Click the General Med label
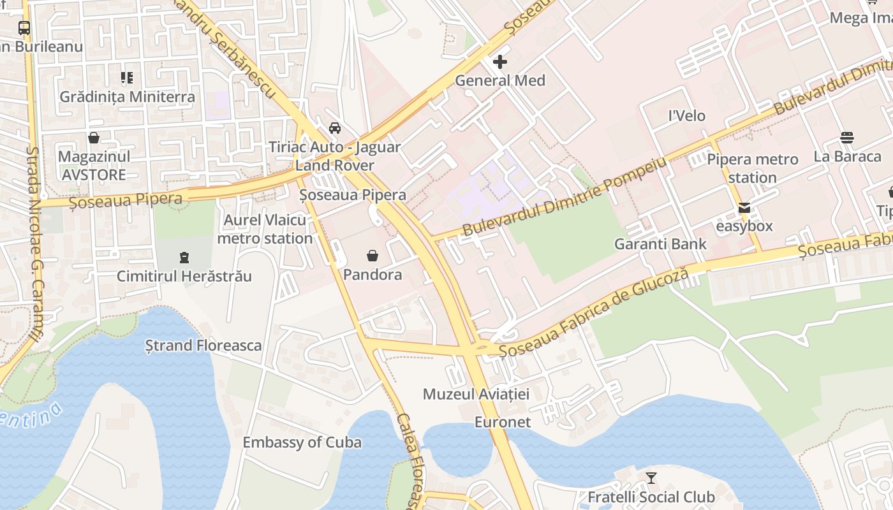500,80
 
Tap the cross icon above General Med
500,62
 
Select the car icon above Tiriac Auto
334,128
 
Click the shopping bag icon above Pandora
373,256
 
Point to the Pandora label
373,275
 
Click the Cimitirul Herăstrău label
184,276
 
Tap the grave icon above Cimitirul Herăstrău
184,258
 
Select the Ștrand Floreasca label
203,346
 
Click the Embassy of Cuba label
302,442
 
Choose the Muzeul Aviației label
476,394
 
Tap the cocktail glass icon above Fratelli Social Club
651,477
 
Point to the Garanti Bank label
660,244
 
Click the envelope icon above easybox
744,208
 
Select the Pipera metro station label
753,168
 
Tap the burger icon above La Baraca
847,138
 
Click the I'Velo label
686,115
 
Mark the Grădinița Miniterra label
127,97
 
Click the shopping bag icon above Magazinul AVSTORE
94,138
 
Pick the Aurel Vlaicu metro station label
265,229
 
